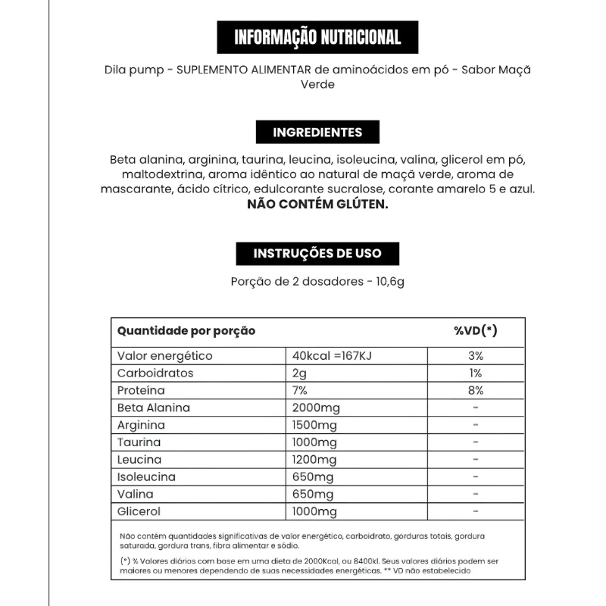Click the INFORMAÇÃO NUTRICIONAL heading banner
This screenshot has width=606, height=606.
317,38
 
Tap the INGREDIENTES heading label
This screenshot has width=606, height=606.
317,133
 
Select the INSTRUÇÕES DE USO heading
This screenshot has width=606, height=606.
317,253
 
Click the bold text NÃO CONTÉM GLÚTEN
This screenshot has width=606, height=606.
317,205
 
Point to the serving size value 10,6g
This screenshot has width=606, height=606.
389,283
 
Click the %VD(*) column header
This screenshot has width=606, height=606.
475,331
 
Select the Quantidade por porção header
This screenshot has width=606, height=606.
186,331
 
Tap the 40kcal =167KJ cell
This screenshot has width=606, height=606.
332,356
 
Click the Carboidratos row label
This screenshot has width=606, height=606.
155,373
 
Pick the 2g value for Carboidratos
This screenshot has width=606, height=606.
298,373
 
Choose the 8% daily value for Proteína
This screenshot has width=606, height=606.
475,391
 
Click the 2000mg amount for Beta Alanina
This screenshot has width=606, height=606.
316,408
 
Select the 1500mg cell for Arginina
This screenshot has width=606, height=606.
314,425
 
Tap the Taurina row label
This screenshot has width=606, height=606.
139,442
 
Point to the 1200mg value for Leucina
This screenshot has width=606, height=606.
314,460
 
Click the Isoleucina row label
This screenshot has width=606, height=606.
146,477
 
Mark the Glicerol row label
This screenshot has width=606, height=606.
139,512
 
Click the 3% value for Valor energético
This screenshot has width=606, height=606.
475,356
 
